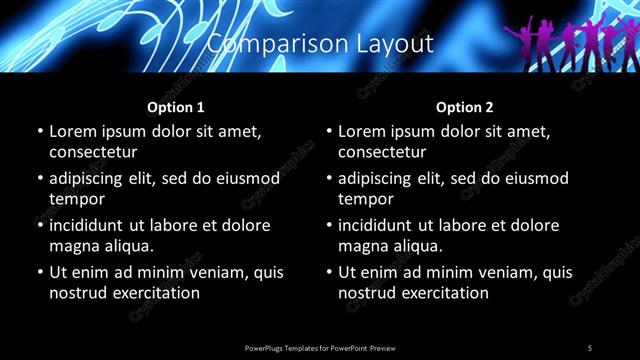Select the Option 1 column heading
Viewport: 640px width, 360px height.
(176, 106)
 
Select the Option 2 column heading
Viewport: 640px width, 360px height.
(465, 106)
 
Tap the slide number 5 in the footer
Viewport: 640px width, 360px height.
(590, 348)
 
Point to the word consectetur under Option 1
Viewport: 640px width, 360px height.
(93, 152)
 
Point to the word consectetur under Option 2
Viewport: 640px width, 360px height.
(382, 152)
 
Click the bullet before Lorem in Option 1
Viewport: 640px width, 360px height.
(40, 131)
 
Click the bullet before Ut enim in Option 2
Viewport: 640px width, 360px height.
(329, 272)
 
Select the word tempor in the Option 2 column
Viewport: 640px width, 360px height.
(365, 199)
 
